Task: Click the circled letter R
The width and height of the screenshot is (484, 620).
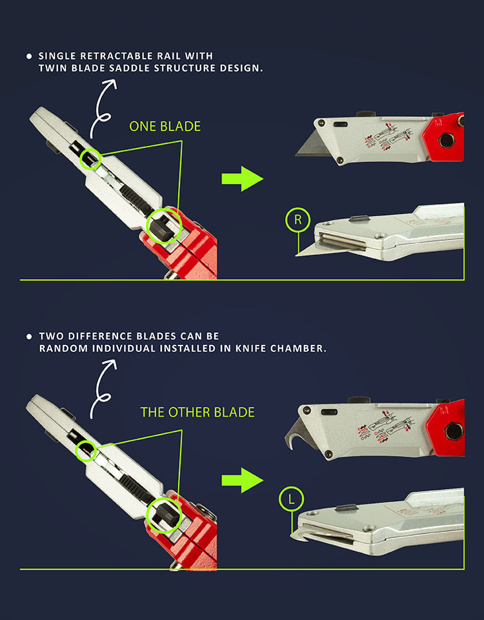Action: point(297,220)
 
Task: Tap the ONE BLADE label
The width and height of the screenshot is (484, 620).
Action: point(165,127)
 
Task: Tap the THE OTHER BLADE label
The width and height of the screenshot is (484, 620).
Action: point(197,412)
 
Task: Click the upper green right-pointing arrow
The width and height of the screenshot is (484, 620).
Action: point(242,178)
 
